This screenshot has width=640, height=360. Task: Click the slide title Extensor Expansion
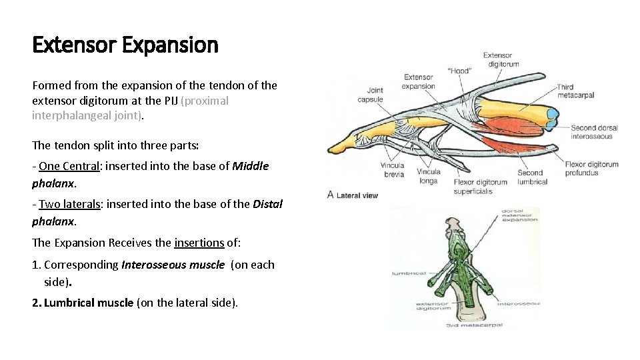(125, 45)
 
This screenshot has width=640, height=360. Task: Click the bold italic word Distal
(268, 204)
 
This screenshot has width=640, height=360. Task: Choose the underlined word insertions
(199, 243)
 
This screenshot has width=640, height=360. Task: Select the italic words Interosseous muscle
(173, 265)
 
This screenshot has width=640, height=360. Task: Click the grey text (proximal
(205, 101)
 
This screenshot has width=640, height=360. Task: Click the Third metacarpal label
(575, 91)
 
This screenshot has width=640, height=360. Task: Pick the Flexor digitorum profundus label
(591, 169)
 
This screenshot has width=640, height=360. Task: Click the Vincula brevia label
(393, 169)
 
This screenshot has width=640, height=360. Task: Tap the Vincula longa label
(429, 176)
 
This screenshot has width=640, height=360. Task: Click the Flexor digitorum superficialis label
(480, 186)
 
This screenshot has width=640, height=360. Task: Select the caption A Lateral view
(353, 195)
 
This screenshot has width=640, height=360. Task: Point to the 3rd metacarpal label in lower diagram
(475, 325)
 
